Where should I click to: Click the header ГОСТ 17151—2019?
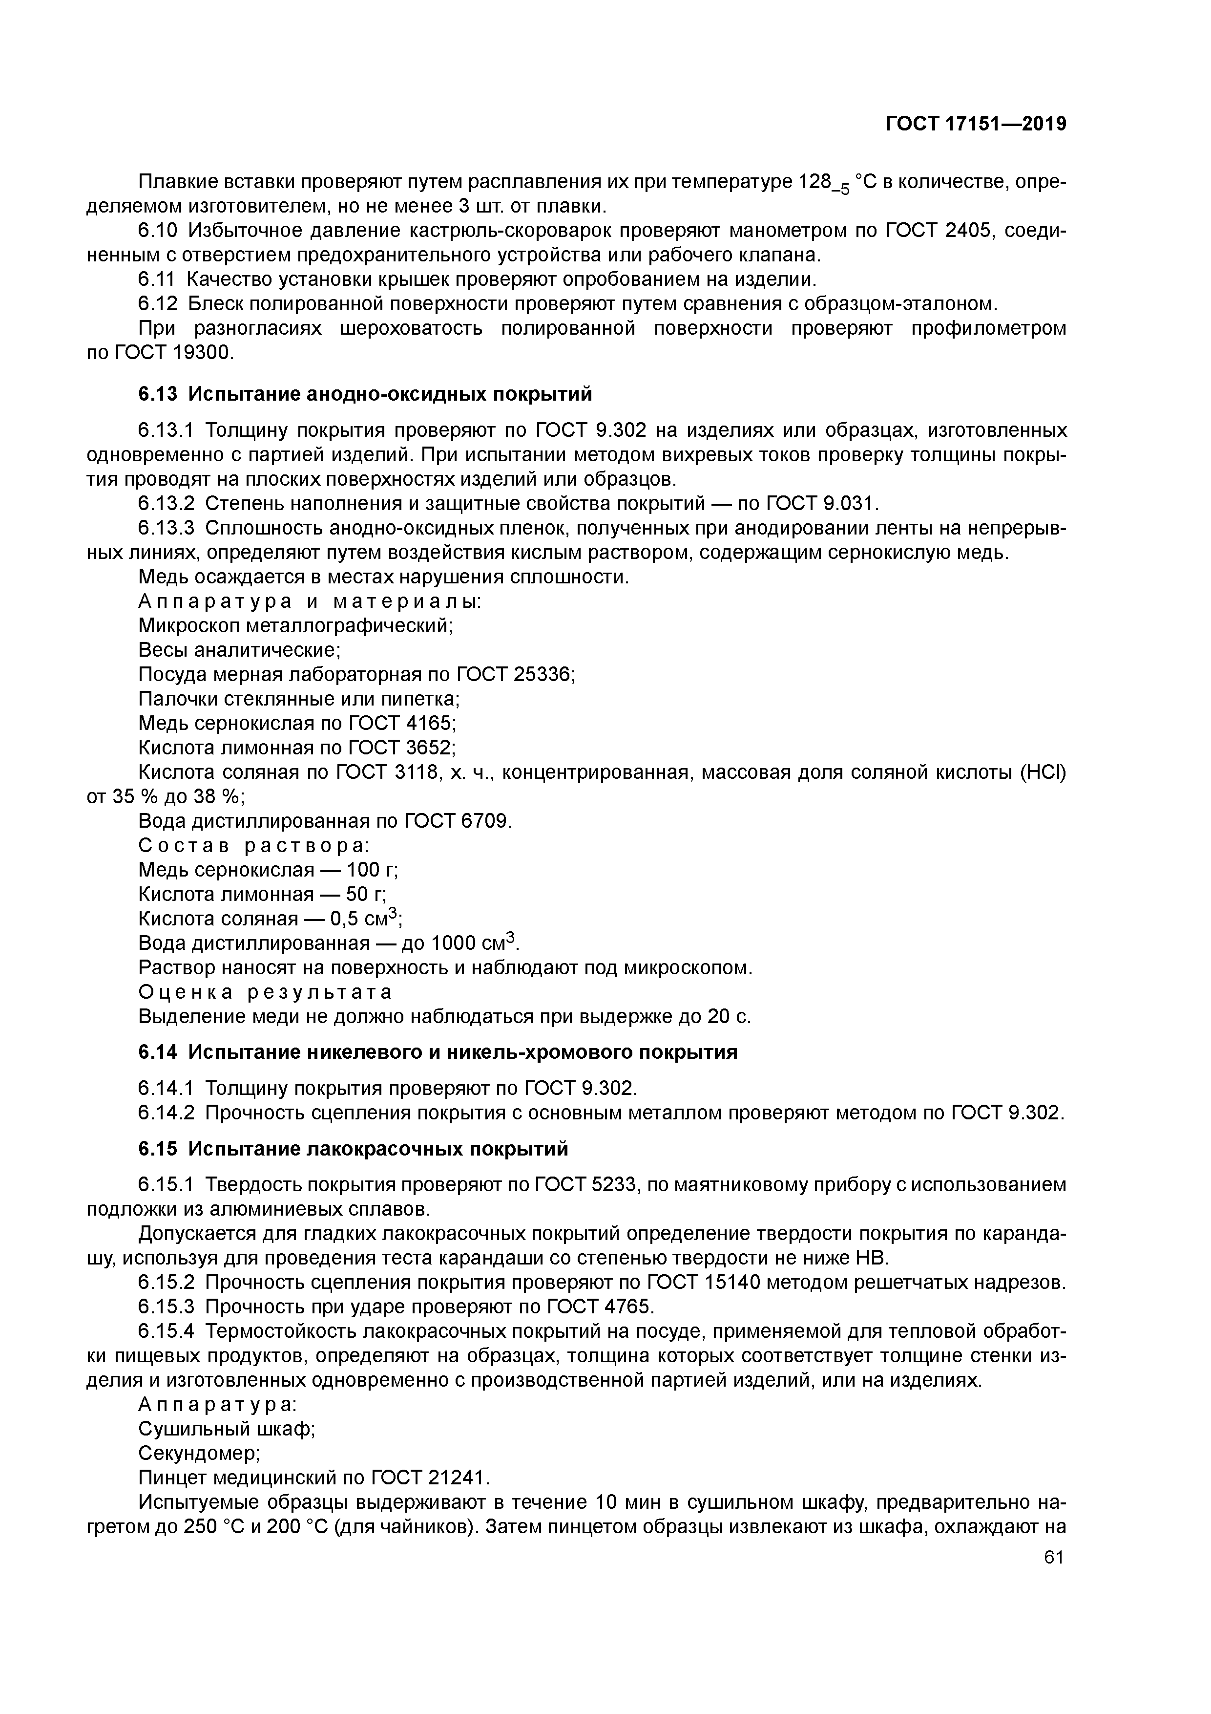[x=975, y=124]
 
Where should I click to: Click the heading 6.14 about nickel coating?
[x=438, y=1052]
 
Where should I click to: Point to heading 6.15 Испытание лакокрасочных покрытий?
[x=353, y=1149]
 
